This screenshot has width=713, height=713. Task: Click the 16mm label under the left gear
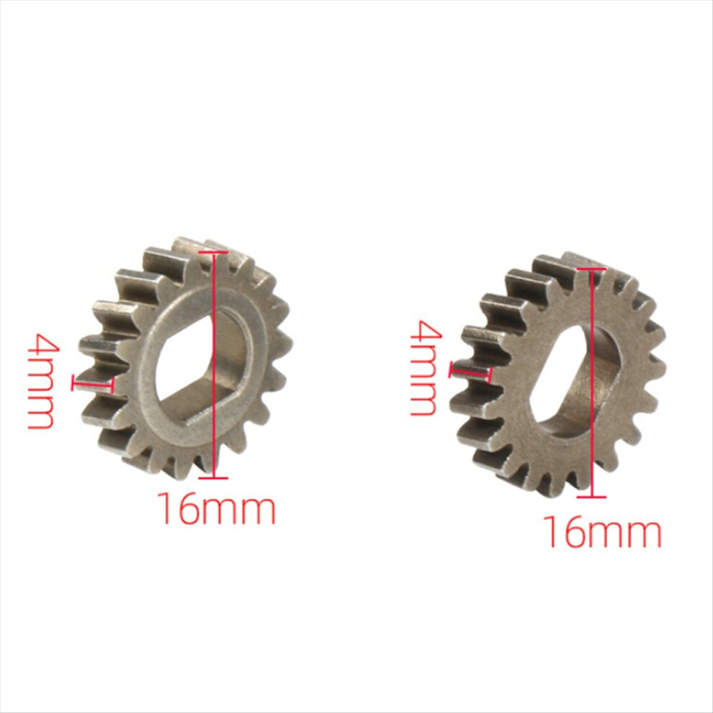pyautogui.click(x=217, y=509)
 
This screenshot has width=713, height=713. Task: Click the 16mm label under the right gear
pyautogui.click(x=603, y=531)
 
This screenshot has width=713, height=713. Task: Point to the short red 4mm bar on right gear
pyautogui.click(x=470, y=372)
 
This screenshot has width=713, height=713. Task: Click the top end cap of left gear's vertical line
pyautogui.click(x=212, y=252)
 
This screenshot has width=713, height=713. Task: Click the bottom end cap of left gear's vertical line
pyautogui.click(x=212, y=477)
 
